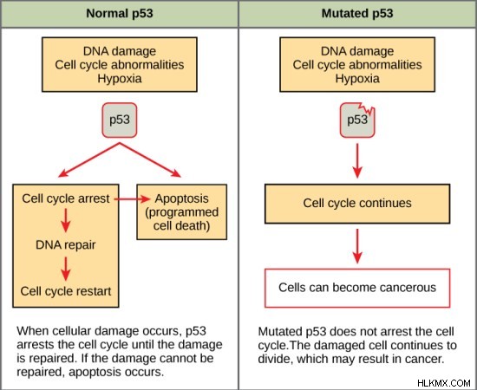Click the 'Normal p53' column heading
[120, 13]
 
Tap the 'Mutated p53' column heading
[357, 13]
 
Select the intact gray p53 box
[120, 120]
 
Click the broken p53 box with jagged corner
[357, 120]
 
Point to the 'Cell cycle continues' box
[357, 204]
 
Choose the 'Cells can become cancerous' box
[357, 288]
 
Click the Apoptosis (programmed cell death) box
[181, 211]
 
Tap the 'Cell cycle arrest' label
[66, 198]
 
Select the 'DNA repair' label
[66, 244]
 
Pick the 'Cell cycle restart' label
[66, 291]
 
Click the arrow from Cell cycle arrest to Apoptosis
[133, 199]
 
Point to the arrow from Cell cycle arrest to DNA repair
[66, 220]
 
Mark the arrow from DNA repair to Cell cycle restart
[66, 269]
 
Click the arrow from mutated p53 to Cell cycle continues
[357, 161]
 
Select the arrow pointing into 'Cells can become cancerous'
[357, 246]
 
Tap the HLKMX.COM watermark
[444, 383]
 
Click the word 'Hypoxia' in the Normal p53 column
[120, 78]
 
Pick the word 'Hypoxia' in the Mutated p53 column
[357, 78]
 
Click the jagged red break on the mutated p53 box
[366, 109]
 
